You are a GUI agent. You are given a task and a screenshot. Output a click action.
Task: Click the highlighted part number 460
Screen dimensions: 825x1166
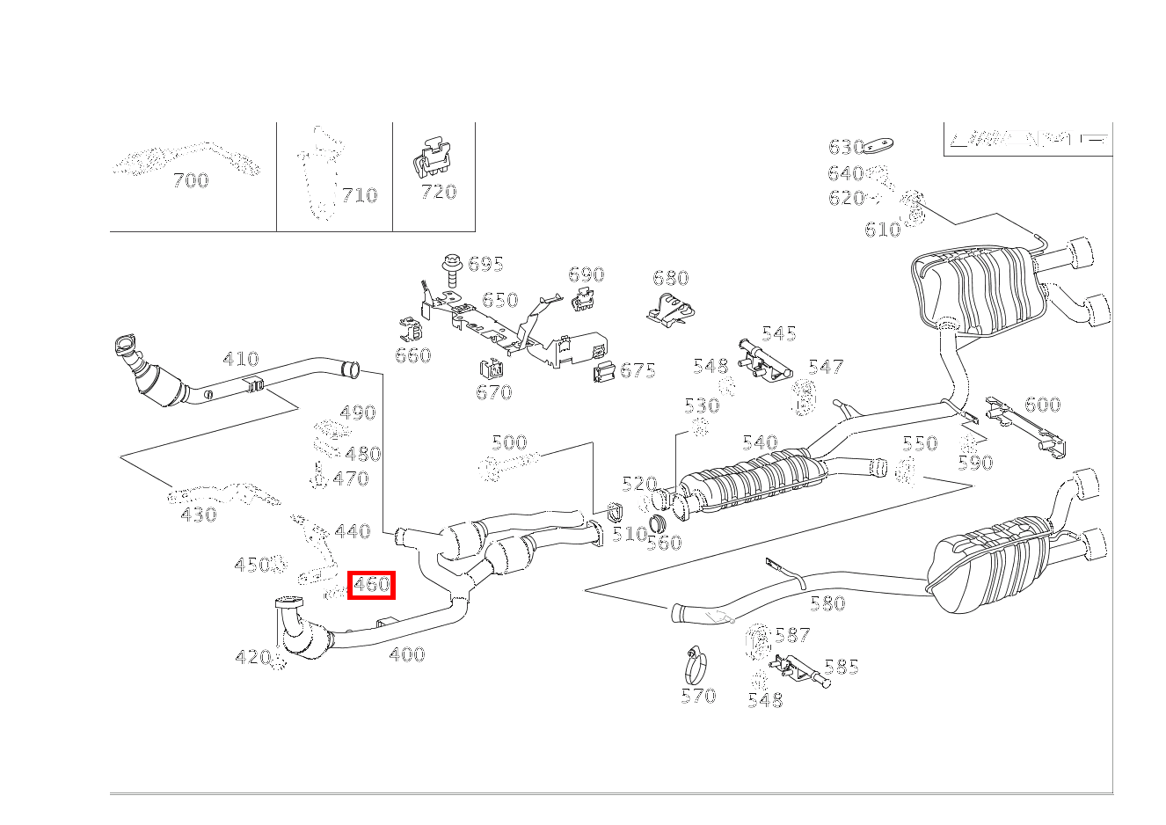coord(371,584)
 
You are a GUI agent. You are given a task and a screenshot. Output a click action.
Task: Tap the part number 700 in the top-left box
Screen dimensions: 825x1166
coord(191,180)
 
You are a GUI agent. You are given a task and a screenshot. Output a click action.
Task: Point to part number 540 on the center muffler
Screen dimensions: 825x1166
coord(760,442)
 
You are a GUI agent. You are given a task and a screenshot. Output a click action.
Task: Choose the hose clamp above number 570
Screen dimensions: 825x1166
coord(696,665)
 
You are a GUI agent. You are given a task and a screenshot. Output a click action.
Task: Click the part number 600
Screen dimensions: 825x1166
coord(1043,405)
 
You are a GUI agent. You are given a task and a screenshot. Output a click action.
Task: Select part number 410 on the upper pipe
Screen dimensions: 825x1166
coord(240,359)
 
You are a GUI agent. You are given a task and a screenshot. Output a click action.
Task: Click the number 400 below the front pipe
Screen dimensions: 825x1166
coord(406,654)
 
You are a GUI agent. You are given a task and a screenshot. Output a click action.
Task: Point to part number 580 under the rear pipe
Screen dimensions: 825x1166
coord(827,603)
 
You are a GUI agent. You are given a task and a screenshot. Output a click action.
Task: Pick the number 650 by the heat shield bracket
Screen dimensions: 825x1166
coord(499,300)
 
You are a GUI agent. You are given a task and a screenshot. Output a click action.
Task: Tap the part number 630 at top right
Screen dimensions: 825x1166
coord(846,147)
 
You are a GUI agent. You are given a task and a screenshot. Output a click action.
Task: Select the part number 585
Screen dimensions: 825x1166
coord(841,667)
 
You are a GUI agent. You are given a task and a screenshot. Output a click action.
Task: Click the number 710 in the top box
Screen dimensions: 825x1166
coord(359,195)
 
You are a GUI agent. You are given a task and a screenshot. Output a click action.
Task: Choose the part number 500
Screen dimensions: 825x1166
coord(509,442)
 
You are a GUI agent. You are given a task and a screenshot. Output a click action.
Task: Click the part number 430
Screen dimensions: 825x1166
coord(198,515)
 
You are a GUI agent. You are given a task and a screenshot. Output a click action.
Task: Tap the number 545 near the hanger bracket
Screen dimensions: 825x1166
coord(778,333)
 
